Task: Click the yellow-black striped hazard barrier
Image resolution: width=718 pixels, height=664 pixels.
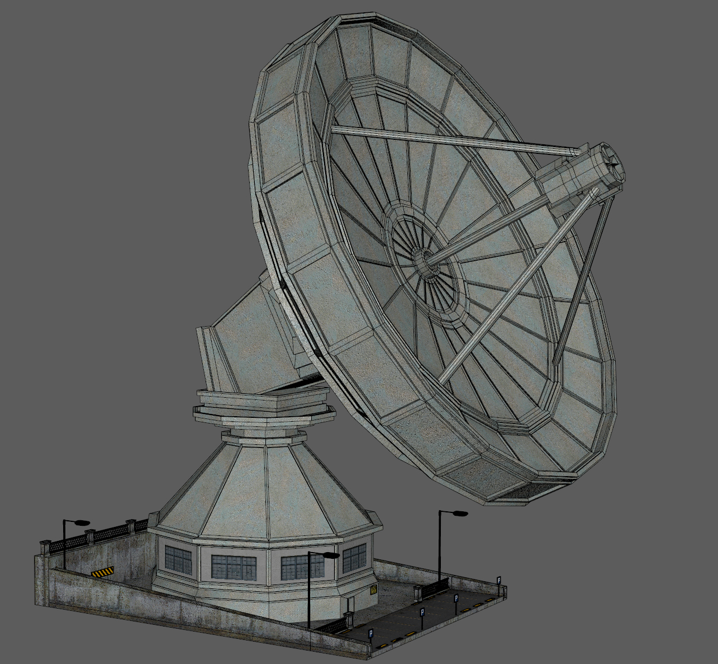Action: (102, 572)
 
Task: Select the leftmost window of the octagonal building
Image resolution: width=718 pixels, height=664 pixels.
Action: (178, 559)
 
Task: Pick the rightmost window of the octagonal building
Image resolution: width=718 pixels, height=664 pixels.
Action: (354, 558)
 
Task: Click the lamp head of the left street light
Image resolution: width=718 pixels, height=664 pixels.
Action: (82, 522)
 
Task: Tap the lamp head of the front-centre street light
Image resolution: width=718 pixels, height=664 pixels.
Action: (331, 555)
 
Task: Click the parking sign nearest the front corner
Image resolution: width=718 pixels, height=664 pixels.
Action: (370, 634)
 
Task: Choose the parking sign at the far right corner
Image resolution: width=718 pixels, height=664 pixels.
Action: (499, 581)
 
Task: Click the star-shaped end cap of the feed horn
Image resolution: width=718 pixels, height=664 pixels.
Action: (614, 163)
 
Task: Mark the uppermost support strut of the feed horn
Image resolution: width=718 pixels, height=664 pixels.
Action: (453, 140)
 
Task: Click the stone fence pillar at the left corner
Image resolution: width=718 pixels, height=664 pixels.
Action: (45, 547)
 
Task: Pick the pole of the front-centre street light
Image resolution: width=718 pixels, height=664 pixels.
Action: (310, 593)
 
